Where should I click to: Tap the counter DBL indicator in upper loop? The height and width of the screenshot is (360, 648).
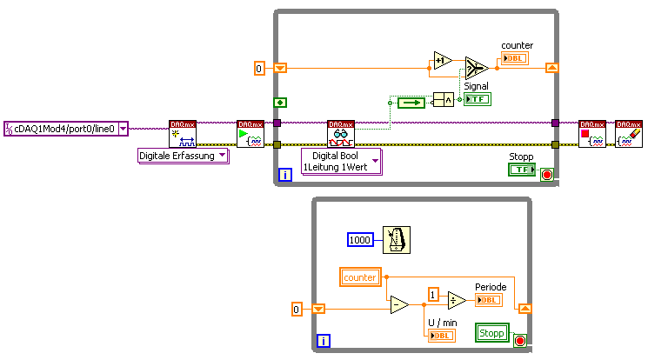coord(513,60)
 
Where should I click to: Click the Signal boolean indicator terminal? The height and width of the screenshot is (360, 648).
coord(477,99)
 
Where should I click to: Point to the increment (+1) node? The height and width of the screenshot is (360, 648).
coord(443,63)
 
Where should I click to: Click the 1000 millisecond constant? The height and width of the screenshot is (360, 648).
coord(359,239)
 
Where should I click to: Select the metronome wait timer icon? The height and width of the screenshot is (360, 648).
coord(396,238)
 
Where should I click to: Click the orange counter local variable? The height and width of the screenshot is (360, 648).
coord(360,277)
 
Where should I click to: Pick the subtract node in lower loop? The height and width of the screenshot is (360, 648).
coord(398,305)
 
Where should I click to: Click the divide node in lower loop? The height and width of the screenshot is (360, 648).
coord(458,299)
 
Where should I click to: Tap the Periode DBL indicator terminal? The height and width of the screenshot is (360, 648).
coord(487,300)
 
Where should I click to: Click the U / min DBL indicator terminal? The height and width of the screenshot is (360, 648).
coord(441,336)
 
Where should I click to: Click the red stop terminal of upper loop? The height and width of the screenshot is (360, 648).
coord(546,174)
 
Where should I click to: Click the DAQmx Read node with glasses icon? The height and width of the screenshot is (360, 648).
coord(341,134)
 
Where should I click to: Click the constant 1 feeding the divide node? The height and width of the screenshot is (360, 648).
coord(433,294)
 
